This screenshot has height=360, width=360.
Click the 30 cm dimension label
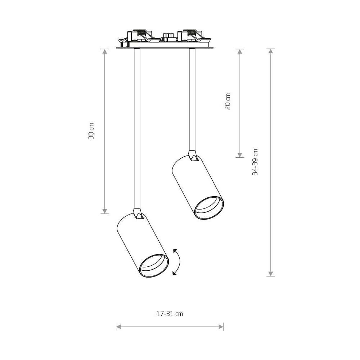pyautogui.click(x=91, y=131)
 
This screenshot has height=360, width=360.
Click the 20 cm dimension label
pyautogui.click(x=228, y=102)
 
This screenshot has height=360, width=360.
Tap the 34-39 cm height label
pyautogui.click(x=255, y=162)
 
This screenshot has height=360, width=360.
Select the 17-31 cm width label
pyautogui.click(x=170, y=314)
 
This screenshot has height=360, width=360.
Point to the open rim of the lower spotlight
pyautogui.click(x=154, y=266)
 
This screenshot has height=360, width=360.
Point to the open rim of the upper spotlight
pyautogui.click(x=209, y=208)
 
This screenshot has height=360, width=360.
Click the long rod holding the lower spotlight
pyautogui.click(x=137, y=129)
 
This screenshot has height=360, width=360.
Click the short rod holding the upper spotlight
pyautogui.click(x=192, y=100)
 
